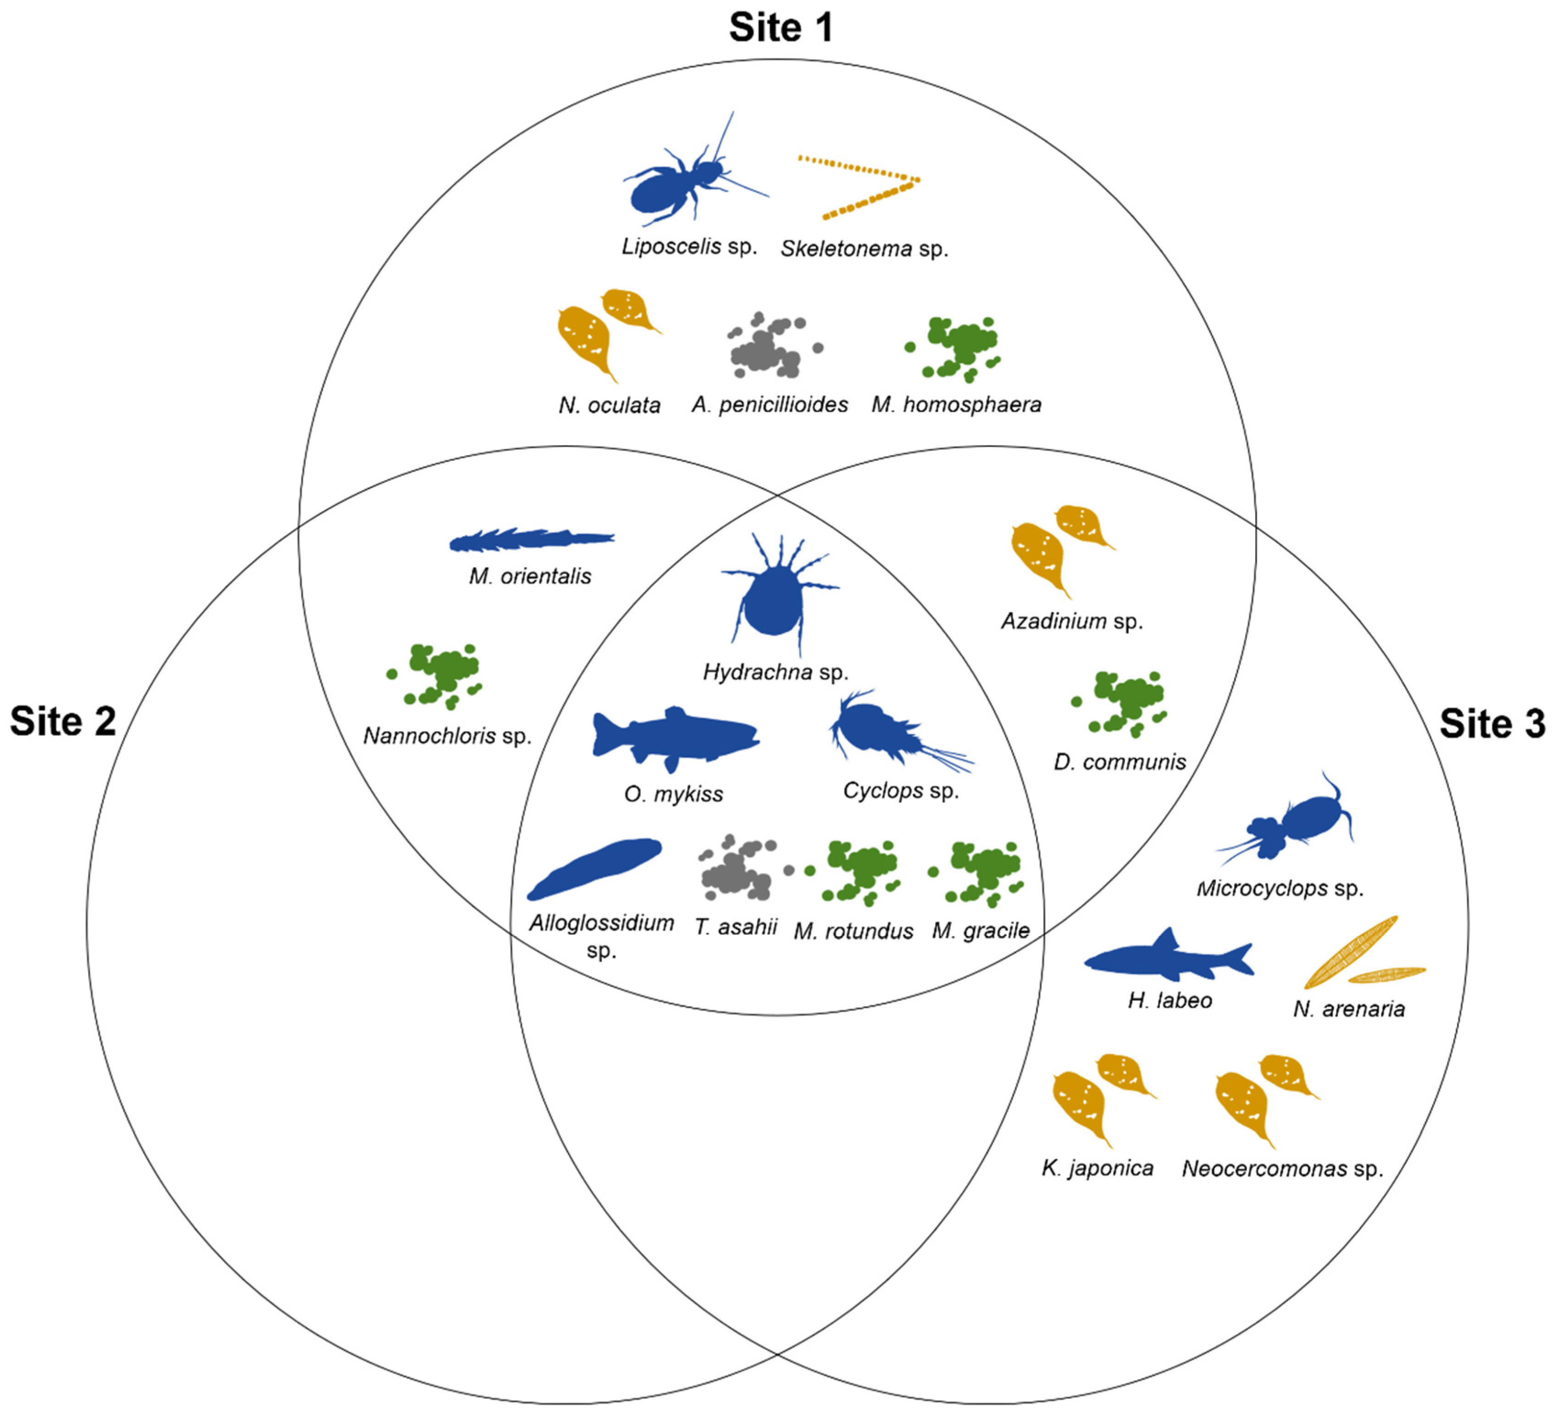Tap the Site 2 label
click(63, 722)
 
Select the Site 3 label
click(1491, 724)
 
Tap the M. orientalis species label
click(530, 576)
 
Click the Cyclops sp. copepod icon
click(881, 730)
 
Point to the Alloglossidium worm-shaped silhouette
click(595, 868)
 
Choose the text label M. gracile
click(980, 930)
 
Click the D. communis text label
click(1119, 762)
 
